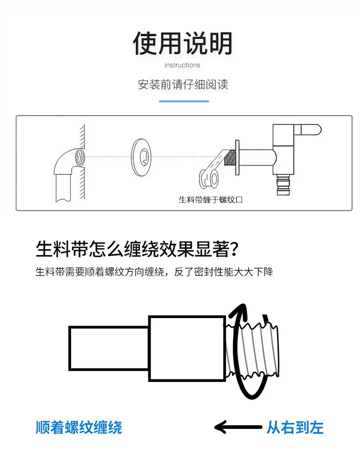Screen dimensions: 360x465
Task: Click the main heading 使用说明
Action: pyautogui.click(x=182, y=43)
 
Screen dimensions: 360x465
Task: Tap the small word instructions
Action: pyautogui.click(x=182, y=65)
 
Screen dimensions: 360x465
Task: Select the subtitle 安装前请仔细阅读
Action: pyautogui.click(x=183, y=85)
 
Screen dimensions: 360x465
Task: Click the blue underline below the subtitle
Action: pyautogui.click(x=184, y=101)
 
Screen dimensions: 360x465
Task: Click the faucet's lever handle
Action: pyautogui.click(x=308, y=130)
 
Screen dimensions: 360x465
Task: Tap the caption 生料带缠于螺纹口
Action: pyautogui.click(x=211, y=199)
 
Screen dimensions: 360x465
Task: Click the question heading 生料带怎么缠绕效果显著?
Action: pyautogui.click(x=137, y=249)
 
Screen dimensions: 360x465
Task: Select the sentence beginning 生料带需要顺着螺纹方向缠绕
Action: pyautogui.click(x=154, y=271)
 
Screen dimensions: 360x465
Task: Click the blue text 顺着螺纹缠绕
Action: pyautogui.click(x=79, y=428)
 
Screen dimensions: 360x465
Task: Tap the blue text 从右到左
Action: pyautogui.click(x=295, y=428)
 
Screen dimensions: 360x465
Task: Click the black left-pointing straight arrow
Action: pyautogui.click(x=238, y=427)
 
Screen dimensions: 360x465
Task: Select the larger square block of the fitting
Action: pyautogui.click(x=187, y=348)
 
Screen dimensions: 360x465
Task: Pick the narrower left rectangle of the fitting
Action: pyautogui.click(x=109, y=348)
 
